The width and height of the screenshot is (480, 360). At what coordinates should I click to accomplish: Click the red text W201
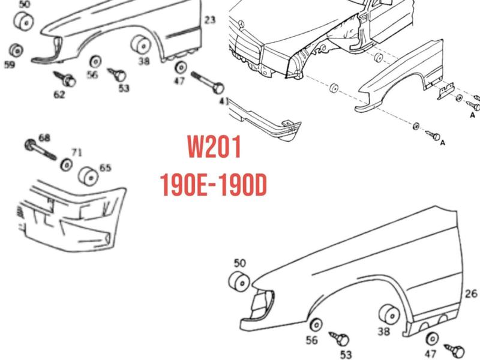pyautogui.click(x=214, y=147)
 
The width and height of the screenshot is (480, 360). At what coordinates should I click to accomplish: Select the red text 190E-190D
pyautogui.click(x=214, y=185)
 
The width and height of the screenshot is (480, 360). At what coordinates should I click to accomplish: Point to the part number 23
pyautogui.click(x=209, y=20)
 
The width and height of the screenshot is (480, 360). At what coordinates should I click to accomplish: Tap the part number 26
pyautogui.click(x=470, y=294)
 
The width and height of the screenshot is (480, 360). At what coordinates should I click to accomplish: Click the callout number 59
pyautogui.click(x=9, y=64)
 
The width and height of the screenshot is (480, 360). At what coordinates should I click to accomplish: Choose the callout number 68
pyautogui.click(x=44, y=138)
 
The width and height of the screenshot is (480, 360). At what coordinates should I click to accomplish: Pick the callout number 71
pyautogui.click(x=77, y=152)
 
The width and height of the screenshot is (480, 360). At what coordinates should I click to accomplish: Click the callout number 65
pyautogui.click(x=105, y=168)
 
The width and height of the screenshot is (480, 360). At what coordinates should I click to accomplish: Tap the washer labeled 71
pyautogui.click(x=67, y=164)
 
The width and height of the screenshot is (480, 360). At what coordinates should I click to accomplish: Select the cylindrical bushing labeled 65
pyautogui.click(x=89, y=176)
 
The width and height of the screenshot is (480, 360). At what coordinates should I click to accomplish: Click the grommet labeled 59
pyautogui.click(x=16, y=49)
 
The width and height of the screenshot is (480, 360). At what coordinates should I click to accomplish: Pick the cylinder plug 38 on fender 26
pyautogui.click(x=389, y=314)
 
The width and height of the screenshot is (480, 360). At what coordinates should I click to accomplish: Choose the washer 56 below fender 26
pyautogui.click(x=314, y=326)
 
